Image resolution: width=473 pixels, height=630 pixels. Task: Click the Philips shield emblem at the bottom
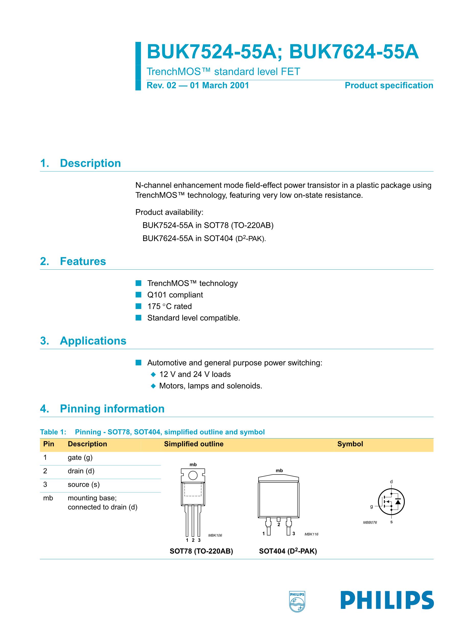pos(297,601)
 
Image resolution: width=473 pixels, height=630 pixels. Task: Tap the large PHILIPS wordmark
pos(387,600)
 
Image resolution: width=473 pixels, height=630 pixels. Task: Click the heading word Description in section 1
pos(90,163)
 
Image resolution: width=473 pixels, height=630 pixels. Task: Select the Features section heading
pos(83,261)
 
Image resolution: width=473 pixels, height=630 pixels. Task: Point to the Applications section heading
pos(93,341)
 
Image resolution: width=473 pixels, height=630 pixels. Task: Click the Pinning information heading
pos(112,409)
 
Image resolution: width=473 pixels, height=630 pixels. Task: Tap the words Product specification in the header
pos(389,86)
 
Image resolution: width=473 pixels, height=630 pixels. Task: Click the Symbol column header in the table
pos(350,444)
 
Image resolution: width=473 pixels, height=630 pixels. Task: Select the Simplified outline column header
pos(193,444)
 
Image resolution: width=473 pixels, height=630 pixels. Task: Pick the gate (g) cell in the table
pos(80,458)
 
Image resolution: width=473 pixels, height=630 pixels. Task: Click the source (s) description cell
pos(84,484)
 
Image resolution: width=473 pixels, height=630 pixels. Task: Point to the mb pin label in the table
pos(48,498)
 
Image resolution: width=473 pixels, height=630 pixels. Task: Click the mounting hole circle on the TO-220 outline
pos(193,475)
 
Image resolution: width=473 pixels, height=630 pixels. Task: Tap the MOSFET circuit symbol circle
pos(391,502)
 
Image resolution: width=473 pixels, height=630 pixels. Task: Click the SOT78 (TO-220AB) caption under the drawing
pos(201,551)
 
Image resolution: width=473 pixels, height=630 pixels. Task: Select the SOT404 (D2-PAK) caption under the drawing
pos(288,551)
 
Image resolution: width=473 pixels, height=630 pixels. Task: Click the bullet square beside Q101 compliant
pos(139,295)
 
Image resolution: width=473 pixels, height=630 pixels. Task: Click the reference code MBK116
pos(311,534)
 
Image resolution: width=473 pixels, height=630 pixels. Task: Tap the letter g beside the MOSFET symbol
pos(371,507)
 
